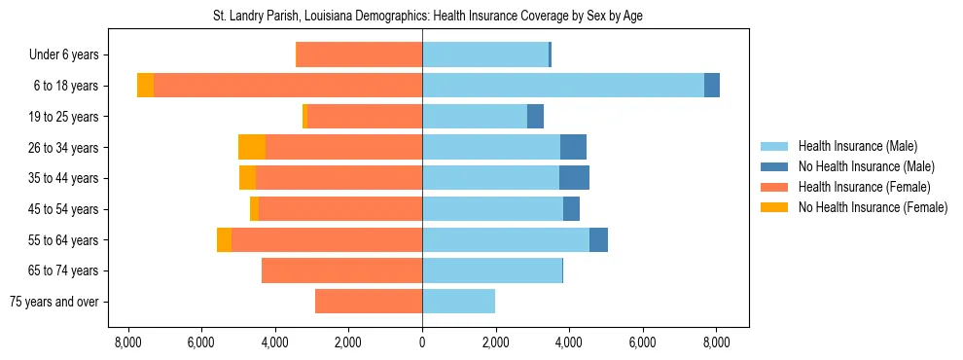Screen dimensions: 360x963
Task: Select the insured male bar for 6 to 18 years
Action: pos(562,86)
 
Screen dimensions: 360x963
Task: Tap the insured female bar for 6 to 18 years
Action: pos(287,86)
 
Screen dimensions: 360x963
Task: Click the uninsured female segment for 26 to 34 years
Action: pos(252,147)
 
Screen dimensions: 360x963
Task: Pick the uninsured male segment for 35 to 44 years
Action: pos(574,178)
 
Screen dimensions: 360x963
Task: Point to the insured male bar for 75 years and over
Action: pos(458,302)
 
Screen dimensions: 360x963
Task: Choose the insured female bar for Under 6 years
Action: pos(358,54)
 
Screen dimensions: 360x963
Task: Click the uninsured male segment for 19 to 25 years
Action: pos(535,117)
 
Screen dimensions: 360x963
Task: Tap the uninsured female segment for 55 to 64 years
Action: pos(224,239)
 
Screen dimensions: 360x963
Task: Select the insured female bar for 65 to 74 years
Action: pos(341,270)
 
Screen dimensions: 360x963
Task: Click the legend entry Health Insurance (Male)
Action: pos(857,146)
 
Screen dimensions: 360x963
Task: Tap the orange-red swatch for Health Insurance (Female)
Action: pos(775,187)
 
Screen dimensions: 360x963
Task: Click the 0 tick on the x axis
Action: pos(422,342)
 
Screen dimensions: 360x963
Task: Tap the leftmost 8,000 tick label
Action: pos(127,342)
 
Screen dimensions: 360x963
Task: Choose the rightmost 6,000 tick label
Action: pos(643,342)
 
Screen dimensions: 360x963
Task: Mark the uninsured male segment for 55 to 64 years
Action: pos(598,239)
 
